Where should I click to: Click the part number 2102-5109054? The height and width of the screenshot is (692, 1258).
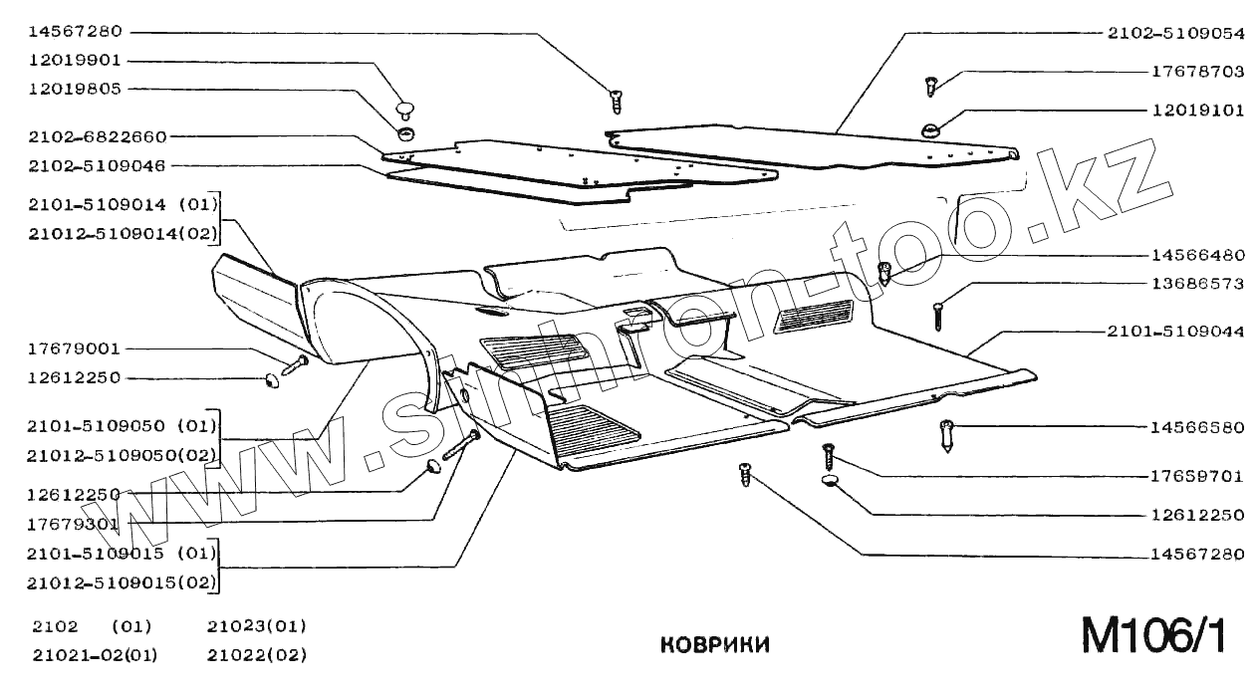click(x=1176, y=33)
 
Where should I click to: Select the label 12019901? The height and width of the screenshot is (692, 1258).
click(x=75, y=60)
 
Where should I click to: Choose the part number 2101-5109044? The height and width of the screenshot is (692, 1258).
click(x=1176, y=331)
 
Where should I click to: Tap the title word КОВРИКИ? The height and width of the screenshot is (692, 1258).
click(x=715, y=645)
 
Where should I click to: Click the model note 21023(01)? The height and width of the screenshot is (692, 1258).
click(x=257, y=626)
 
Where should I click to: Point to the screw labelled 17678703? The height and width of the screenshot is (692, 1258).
click(x=932, y=86)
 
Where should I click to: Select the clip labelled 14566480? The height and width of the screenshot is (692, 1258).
click(x=883, y=272)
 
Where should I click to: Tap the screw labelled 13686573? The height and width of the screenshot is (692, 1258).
click(x=938, y=316)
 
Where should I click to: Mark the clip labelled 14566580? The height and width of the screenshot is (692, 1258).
click(x=947, y=435)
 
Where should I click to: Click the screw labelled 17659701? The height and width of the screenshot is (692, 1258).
click(x=827, y=458)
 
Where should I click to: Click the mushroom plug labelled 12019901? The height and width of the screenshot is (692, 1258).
click(x=404, y=108)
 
